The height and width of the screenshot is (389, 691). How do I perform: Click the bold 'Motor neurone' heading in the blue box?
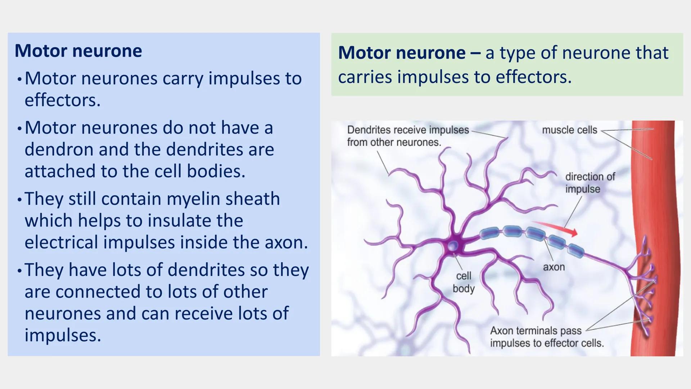[x=78, y=51]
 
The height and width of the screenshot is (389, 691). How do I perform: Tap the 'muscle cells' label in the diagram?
[x=569, y=130]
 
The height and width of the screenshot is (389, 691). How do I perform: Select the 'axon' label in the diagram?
[x=554, y=267]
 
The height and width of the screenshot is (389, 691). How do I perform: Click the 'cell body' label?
[x=464, y=282]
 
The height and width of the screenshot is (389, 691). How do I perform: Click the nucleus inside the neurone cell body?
[x=453, y=246]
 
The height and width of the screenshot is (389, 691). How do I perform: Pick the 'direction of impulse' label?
[x=590, y=183]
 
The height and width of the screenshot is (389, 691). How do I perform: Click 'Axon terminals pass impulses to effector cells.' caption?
[x=546, y=337]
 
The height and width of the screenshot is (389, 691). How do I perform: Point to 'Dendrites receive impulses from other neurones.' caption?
[x=408, y=136]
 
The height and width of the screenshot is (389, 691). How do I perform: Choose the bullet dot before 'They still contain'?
[x=19, y=199]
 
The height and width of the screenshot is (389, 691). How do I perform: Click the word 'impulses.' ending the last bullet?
[x=63, y=335]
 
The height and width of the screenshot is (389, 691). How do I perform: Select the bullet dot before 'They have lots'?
[x=19, y=270]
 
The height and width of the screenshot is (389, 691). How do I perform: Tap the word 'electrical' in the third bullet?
[x=61, y=242]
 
